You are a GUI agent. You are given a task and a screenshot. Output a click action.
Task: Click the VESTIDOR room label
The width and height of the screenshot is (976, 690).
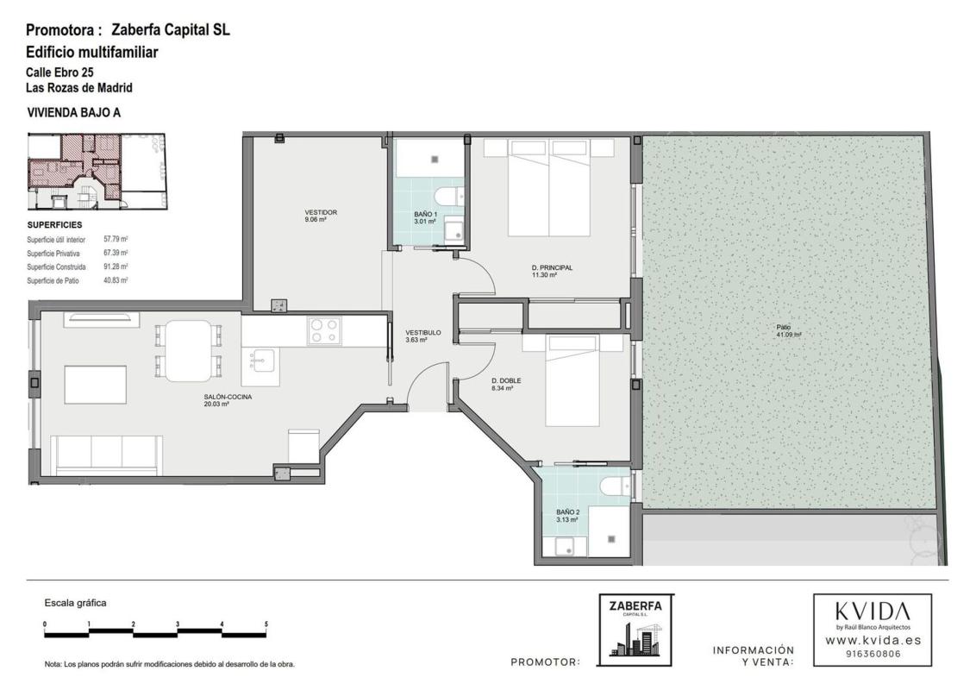321,212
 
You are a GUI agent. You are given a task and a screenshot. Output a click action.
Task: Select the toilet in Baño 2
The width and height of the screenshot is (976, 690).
616,486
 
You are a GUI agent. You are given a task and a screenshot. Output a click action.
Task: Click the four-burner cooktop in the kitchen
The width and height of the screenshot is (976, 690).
323,330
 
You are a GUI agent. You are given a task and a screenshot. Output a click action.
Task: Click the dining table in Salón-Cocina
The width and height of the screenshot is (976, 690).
188,350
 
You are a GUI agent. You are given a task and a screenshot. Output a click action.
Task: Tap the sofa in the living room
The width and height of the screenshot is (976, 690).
107,455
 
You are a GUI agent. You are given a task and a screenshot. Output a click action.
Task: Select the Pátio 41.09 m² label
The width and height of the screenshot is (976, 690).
788,330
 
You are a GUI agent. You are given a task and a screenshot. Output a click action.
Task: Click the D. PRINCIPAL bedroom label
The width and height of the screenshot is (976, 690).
552,267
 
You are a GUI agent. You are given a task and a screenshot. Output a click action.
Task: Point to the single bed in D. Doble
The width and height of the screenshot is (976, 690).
573,380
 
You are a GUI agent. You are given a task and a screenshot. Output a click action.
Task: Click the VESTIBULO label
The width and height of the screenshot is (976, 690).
422,333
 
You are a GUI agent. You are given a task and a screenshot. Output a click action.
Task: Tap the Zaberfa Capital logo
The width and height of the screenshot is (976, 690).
635,630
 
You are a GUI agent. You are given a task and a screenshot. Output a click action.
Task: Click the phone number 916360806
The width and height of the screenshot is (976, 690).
873,654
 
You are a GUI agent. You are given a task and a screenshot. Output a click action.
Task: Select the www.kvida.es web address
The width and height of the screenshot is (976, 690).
873,640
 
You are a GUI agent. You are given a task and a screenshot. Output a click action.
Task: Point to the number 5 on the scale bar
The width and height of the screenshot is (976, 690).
266,624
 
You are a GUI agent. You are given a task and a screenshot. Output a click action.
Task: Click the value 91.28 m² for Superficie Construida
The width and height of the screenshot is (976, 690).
116,267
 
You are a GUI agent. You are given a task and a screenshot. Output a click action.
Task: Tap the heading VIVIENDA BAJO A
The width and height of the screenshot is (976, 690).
74,113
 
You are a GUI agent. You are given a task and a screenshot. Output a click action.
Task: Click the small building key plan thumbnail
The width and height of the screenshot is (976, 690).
97,171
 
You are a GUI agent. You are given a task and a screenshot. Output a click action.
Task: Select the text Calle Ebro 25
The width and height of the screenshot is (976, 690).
59,72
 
